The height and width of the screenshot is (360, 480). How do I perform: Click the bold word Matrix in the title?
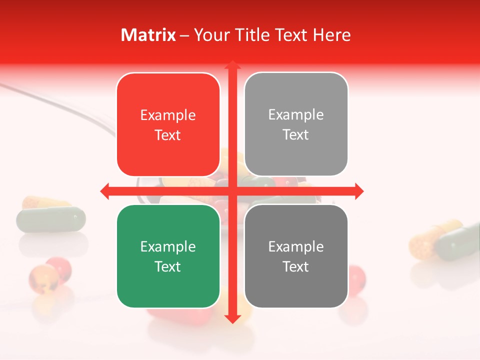click(148, 35)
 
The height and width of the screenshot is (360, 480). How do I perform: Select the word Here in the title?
click(332, 35)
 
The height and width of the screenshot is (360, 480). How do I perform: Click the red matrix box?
click(168, 125)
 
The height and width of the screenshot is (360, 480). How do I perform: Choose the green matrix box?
click(168, 256)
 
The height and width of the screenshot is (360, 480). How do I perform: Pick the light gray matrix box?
click(296, 124)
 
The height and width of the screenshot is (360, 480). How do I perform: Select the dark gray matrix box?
click(296, 256)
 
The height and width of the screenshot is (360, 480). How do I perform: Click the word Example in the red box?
click(168, 115)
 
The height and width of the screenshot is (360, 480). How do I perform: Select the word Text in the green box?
click(168, 266)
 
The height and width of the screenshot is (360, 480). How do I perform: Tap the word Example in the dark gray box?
click(296, 246)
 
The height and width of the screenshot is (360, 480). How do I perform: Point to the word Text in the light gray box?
click(296, 135)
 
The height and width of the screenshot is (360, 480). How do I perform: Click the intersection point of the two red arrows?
click(232, 191)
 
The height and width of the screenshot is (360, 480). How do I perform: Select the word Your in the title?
click(209, 35)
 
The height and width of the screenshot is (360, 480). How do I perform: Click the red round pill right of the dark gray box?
click(356, 276)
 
